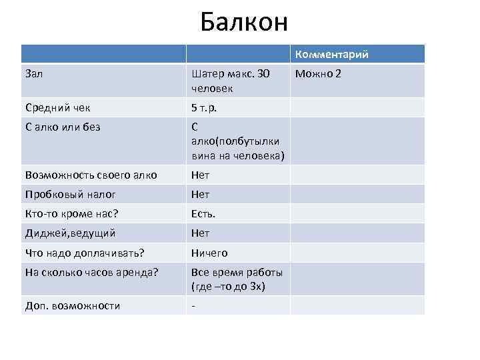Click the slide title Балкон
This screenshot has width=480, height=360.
coord(244,23)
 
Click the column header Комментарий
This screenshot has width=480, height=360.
coord(331,55)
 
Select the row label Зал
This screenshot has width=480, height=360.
coord(34,73)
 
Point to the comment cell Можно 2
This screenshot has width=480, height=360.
coord(318,73)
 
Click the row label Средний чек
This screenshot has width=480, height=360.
coord(58,107)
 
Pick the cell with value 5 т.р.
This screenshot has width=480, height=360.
coord(204,107)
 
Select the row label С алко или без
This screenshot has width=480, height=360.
coord(63,127)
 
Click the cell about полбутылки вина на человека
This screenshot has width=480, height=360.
coord(237,141)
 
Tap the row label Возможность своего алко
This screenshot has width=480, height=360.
coord(91,175)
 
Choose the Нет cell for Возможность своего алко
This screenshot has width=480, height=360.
coord(200,175)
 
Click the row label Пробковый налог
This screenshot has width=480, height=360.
coord(71,195)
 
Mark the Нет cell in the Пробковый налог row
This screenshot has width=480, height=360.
coord(200,195)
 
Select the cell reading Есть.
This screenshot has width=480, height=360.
coord(203,214)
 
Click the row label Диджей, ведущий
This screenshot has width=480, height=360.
coord(71,233)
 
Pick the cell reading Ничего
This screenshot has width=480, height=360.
coord(209,253)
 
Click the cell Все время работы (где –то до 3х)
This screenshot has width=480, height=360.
coord(237,279)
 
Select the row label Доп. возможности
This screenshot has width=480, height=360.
coord(72,306)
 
